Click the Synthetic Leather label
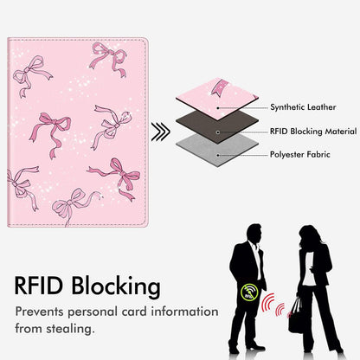click(303, 107)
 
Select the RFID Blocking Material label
click(313, 132)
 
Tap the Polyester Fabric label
click(299, 154)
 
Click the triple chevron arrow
click(161, 132)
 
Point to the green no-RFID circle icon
click(249, 292)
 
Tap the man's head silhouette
click(254, 234)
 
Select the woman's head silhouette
click(309, 236)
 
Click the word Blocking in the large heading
click(116, 286)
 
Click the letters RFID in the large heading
click(39, 286)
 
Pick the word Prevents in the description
click(39, 312)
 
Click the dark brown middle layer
click(217, 126)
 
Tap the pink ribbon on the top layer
click(218, 87)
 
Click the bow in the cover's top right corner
click(109, 59)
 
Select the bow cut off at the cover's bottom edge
click(75, 205)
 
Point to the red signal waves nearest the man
click(268, 302)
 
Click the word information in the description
click(184, 312)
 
